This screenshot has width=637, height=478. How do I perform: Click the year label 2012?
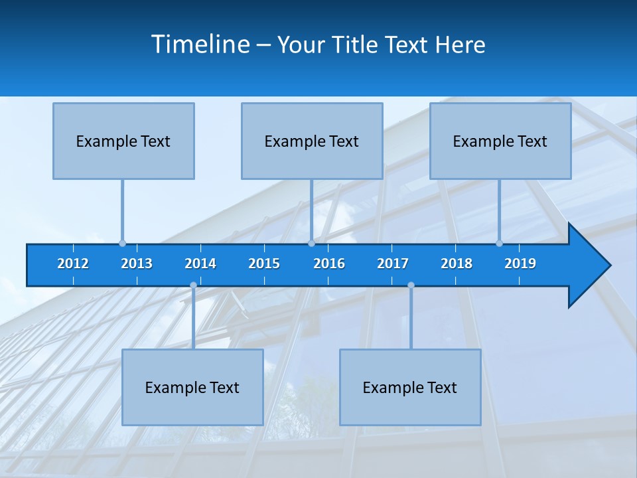click(73, 264)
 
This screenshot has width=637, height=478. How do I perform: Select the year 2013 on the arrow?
click(137, 264)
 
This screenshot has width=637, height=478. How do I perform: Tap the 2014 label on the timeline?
click(200, 264)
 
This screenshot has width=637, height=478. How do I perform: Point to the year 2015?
click(264, 264)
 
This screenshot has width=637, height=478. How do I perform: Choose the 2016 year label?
click(329, 264)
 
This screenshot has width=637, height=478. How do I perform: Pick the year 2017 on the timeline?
click(393, 264)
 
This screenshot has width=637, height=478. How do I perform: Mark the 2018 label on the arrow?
click(457, 264)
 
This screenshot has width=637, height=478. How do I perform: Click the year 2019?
click(520, 264)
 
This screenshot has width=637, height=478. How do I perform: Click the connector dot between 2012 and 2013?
click(123, 244)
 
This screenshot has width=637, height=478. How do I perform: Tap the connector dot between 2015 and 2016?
click(311, 244)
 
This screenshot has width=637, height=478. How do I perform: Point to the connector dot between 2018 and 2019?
click(500, 244)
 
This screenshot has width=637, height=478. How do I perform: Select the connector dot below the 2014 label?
click(193, 285)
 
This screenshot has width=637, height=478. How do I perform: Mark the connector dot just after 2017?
click(411, 285)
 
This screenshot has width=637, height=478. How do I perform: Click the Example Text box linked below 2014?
click(192, 388)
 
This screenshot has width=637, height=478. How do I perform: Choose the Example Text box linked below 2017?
click(410, 388)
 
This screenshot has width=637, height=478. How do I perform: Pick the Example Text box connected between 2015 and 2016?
click(312, 141)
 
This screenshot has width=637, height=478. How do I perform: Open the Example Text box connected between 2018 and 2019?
click(500, 141)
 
